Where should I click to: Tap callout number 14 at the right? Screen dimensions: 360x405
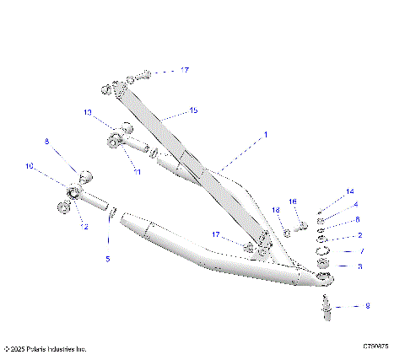[x=350, y=193]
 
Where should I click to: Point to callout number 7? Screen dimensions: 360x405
[x=361, y=251]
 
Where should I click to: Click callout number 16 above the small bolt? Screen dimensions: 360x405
[x=294, y=201]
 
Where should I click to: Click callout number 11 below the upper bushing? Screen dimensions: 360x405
[x=137, y=171]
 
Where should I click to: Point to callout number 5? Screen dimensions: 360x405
[x=107, y=259]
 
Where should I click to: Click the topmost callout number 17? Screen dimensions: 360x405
[x=185, y=70]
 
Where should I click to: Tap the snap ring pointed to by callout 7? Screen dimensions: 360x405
[x=324, y=251]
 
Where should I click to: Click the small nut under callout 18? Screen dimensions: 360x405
[x=287, y=231]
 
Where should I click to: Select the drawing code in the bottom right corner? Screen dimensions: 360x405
[x=375, y=347]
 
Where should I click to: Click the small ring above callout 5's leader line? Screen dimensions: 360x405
[x=111, y=221]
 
